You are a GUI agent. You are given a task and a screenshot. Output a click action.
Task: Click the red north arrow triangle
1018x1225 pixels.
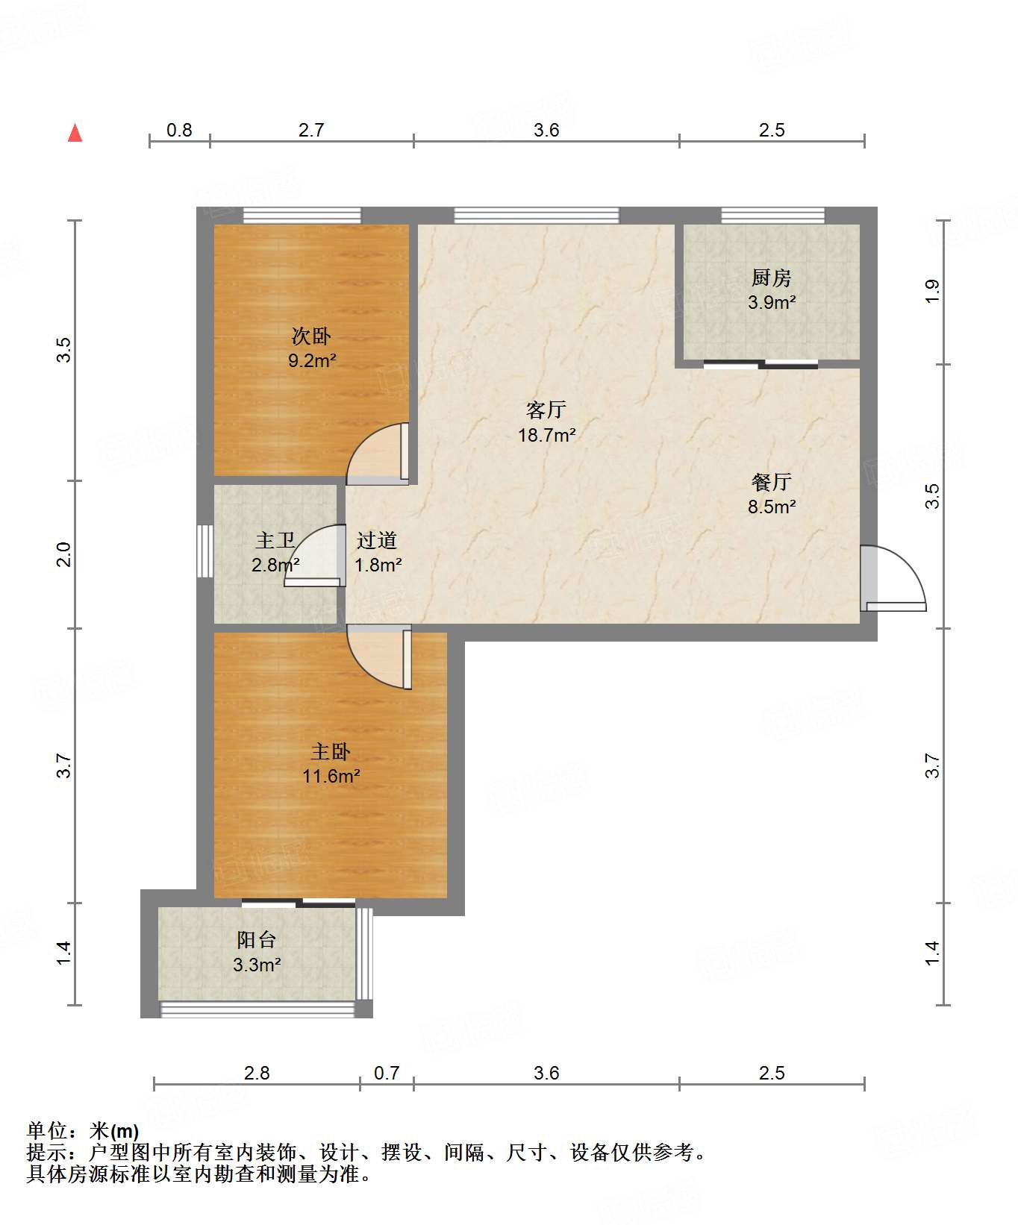75,133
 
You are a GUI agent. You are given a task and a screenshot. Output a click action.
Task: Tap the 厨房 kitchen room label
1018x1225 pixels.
771,278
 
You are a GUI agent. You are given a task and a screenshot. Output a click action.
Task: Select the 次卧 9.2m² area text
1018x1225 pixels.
312,361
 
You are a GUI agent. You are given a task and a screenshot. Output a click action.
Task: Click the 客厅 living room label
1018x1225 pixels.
546,410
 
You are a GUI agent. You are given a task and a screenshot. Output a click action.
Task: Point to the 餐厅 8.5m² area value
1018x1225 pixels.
772,507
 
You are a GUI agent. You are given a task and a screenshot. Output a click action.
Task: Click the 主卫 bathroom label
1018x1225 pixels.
275,540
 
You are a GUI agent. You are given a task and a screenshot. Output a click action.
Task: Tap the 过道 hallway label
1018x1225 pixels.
376,540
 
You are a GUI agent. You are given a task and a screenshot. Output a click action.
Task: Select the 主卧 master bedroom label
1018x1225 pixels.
331,751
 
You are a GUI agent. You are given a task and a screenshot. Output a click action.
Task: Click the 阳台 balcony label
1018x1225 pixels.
256,940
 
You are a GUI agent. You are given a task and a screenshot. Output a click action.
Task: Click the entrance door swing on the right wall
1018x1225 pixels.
893,579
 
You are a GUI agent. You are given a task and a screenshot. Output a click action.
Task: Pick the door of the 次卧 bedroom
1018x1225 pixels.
378,454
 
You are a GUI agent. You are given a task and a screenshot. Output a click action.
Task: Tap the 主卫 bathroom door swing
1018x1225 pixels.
314,556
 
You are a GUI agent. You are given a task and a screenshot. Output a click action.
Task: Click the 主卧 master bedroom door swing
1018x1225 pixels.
379,657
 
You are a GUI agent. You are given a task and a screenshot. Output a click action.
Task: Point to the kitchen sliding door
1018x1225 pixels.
761,365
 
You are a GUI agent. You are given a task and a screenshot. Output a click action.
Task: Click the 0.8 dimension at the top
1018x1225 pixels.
179,131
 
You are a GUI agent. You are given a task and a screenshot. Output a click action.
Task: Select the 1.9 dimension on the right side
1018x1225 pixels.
932,291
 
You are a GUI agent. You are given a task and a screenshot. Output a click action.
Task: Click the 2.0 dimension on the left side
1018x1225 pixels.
64,554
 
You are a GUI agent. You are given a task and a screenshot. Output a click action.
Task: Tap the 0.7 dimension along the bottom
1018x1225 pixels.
387,1073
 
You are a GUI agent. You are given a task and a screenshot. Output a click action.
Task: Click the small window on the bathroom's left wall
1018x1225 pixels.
205,551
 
